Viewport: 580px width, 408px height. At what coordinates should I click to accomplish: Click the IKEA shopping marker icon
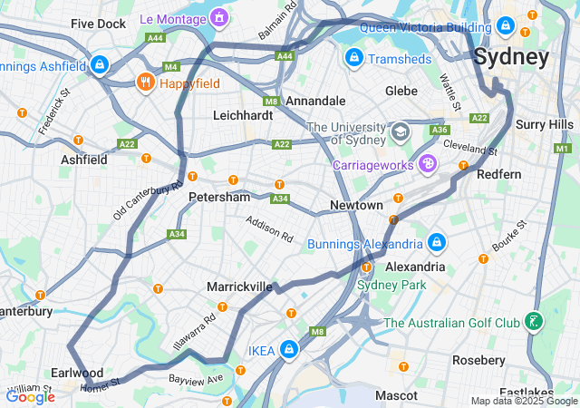click(x=289, y=349)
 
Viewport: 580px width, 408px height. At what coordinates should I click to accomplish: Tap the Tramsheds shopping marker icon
click(x=353, y=58)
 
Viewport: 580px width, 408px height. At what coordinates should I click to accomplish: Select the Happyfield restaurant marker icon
click(x=145, y=83)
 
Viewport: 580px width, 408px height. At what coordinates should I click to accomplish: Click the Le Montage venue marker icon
click(x=218, y=17)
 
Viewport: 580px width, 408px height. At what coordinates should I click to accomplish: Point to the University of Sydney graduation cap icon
click(x=399, y=133)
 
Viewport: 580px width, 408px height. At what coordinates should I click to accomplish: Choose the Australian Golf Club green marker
click(x=536, y=322)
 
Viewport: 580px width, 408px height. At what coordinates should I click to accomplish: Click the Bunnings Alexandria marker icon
click(x=437, y=243)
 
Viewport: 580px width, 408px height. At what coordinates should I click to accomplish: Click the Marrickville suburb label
click(x=239, y=287)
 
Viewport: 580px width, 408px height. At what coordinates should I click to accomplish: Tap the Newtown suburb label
click(x=356, y=206)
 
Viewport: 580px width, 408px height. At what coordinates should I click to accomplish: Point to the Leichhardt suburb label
click(x=243, y=116)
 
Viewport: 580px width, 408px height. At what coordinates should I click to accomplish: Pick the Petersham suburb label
click(x=218, y=197)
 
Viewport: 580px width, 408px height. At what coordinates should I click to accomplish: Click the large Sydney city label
click(x=512, y=58)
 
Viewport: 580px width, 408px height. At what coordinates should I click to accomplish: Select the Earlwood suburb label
click(x=77, y=373)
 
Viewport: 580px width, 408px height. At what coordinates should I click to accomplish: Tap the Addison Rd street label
click(x=270, y=229)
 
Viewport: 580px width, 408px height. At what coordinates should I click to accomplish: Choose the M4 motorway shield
click(x=171, y=66)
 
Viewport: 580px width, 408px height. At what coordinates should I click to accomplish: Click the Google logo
click(x=30, y=396)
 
